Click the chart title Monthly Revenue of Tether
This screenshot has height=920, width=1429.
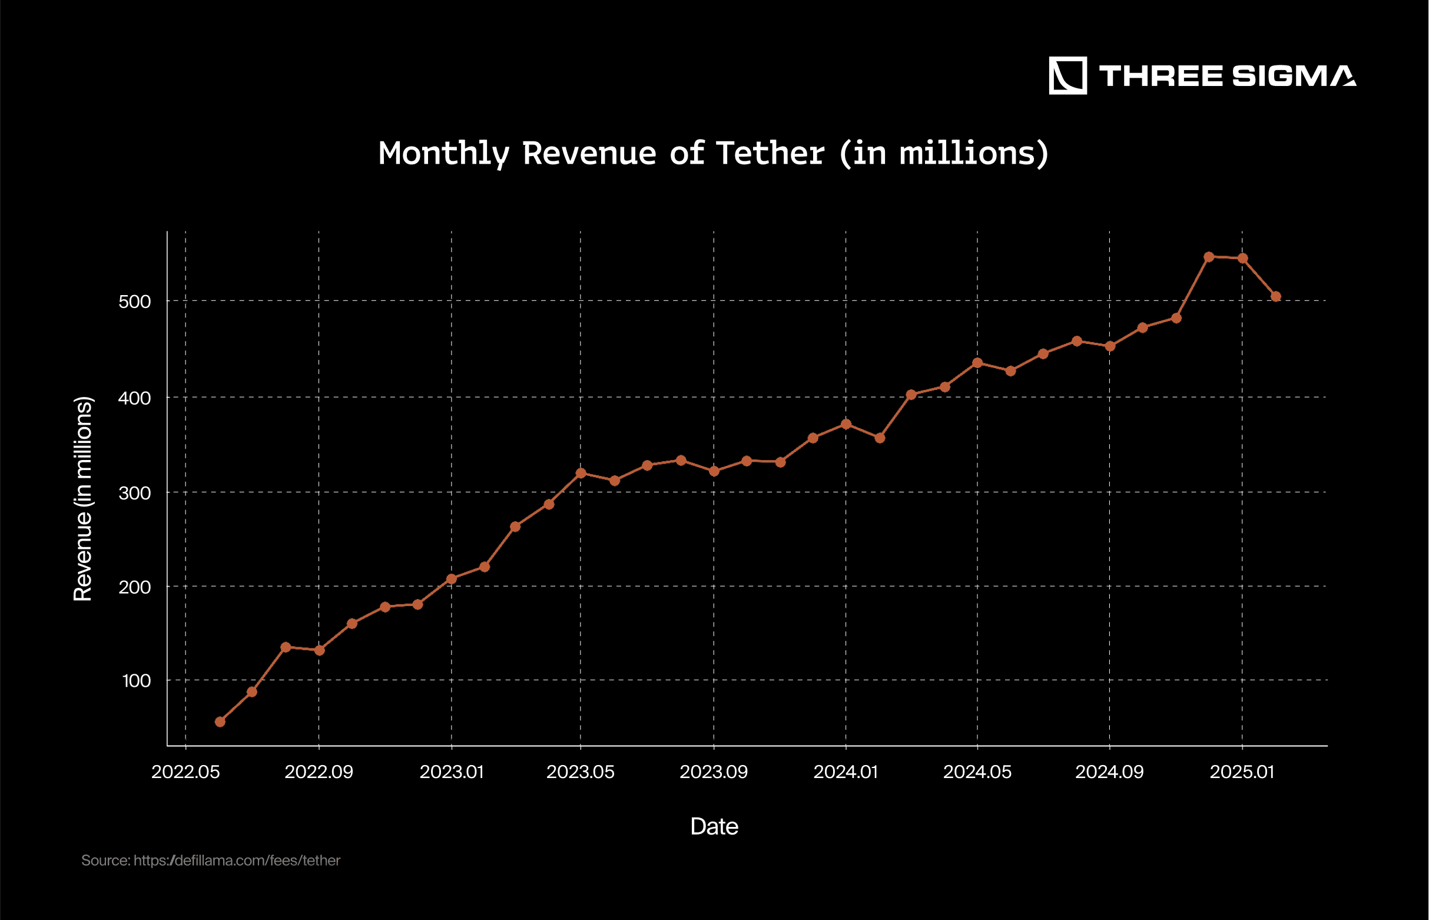713,154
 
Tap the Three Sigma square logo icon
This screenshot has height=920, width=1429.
1067,76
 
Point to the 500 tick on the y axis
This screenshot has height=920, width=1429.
134,302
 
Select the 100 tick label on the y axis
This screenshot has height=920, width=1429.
136,680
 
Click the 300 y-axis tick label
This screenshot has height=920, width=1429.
134,493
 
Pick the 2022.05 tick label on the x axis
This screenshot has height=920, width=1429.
185,772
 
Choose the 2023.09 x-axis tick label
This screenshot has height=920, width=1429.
714,772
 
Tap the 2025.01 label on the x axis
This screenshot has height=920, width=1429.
1242,772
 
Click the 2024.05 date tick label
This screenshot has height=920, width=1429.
977,772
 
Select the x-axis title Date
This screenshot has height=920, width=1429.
714,826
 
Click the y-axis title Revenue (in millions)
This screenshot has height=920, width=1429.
83,499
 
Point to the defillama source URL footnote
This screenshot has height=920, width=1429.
211,861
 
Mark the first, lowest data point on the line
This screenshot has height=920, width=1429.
220,722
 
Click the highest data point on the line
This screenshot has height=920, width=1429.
1209,257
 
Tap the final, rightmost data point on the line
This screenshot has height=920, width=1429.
1275,296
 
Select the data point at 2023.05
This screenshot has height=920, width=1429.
581,473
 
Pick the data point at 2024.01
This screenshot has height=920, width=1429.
846,424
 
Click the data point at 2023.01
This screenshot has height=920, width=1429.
452,579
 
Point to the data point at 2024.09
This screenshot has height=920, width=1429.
1109,346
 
